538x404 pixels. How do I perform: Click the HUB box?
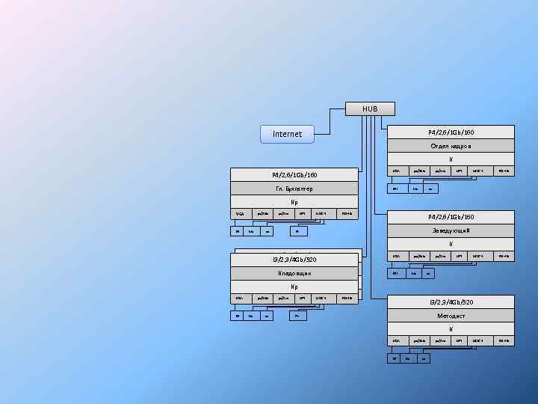click(x=370, y=108)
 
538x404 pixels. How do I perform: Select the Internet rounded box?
click(x=287, y=134)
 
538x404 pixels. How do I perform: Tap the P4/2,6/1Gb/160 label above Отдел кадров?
click(x=451, y=132)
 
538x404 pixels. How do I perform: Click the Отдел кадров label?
click(x=451, y=145)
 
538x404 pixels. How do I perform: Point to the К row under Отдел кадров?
click(x=451, y=159)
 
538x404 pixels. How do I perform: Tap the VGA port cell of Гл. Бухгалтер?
click(x=240, y=215)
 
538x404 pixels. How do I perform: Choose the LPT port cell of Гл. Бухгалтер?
click(x=302, y=215)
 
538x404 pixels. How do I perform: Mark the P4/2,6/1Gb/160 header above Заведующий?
click(x=451, y=217)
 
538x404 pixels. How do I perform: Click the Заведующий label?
click(x=451, y=230)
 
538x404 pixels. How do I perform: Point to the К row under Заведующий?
click(x=451, y=244)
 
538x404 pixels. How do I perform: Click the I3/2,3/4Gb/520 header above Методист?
click(x=451, y=302)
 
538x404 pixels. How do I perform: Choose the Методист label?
click(x=451, y=315)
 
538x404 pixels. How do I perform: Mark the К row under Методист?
click(x=451, y=328)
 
